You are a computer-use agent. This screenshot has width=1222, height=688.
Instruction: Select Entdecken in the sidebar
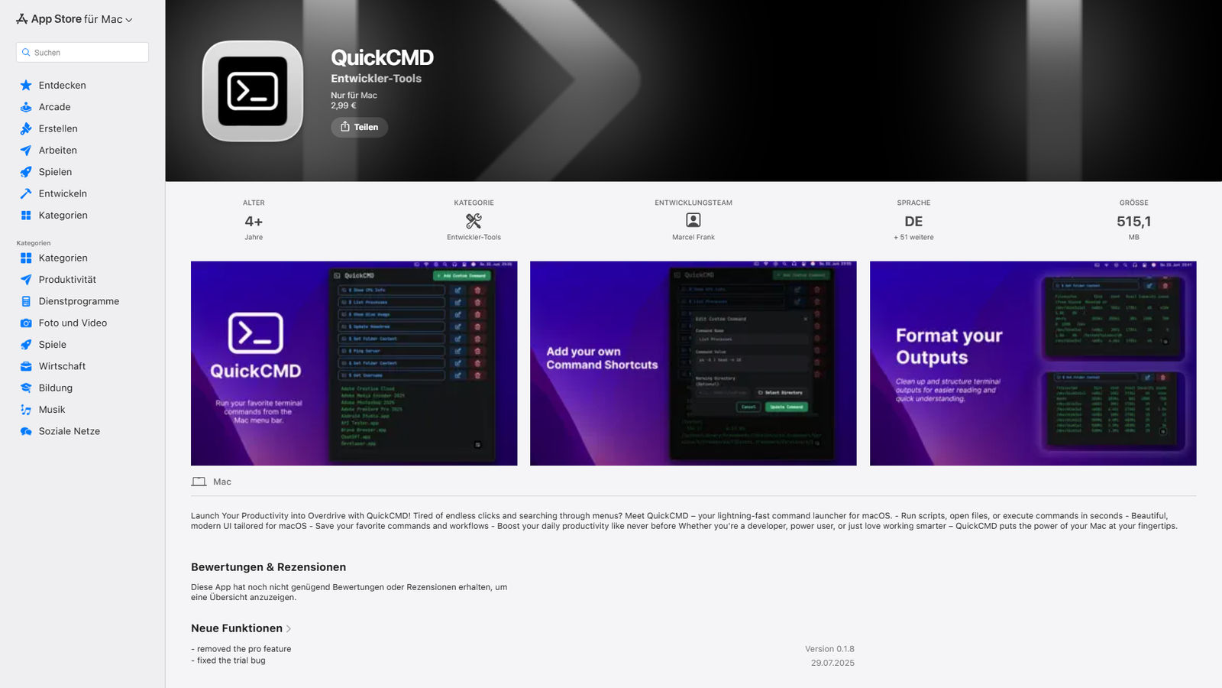click(62, 86)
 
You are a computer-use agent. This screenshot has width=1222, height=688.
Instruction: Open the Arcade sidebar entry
click(54, 107)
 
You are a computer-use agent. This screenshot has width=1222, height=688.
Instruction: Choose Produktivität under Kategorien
click(67, 280)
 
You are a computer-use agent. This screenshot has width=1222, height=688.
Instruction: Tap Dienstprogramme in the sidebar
click(79, 301)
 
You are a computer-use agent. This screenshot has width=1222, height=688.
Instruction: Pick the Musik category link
click(52, 410)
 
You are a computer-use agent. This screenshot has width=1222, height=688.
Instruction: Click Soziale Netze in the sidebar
click(69, 431)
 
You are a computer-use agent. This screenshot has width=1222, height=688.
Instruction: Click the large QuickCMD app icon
click(253, 91)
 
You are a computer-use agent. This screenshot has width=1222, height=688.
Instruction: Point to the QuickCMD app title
click(382, 58)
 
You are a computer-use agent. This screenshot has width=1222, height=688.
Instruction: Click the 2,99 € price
click(344, 105)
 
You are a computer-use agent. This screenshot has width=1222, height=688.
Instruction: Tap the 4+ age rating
click(254, 222)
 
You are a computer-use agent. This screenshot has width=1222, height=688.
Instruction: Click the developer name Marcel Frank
click(693, 237)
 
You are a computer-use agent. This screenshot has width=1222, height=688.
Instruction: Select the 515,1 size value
click(1133, 222)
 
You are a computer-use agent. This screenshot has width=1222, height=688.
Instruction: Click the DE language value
click(913, 222)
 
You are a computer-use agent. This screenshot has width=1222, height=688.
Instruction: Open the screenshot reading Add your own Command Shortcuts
click(693, 363)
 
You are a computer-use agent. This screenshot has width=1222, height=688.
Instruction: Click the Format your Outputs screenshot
click(1033, 363)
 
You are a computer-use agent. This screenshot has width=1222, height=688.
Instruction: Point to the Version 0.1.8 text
click(829, 649)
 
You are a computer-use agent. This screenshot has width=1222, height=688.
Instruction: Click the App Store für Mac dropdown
click(75, 19)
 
